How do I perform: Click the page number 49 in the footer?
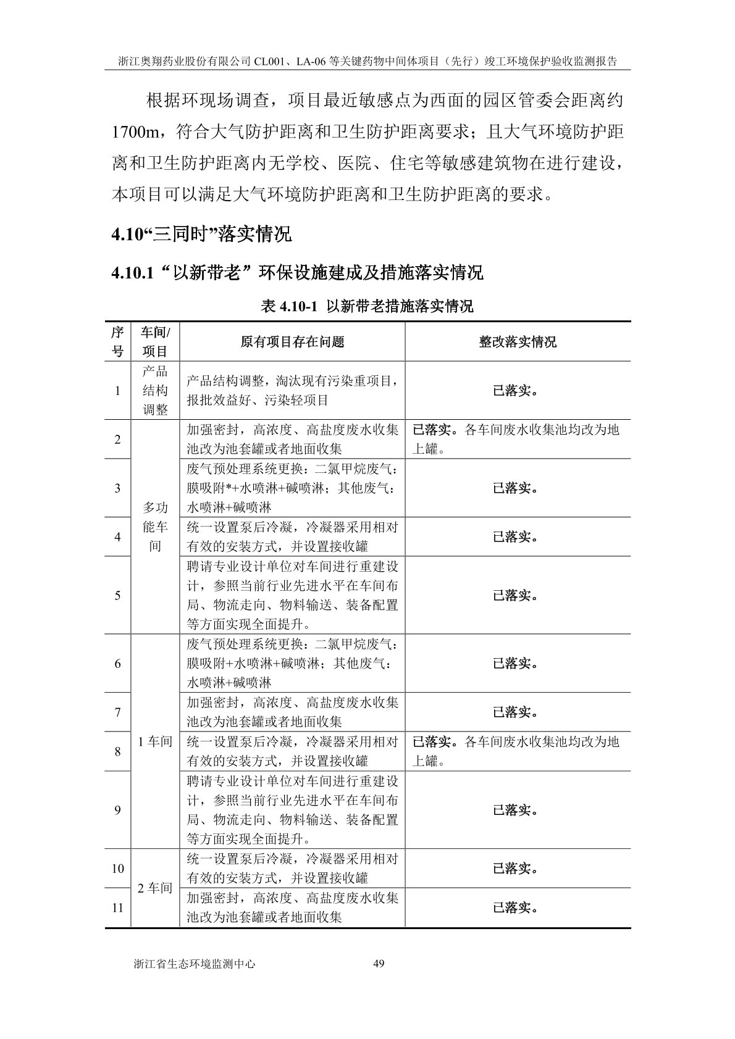(380, 980)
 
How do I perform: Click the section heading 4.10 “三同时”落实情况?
(201, 235)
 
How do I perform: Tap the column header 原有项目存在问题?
(292, 341)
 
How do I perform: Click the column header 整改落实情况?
(518, 341)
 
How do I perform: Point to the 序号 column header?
(117, 341)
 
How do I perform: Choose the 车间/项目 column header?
(155, 341)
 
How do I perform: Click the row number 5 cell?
(117, 595)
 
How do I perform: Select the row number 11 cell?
(117, 908)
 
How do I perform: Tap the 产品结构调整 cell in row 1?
(155, 391)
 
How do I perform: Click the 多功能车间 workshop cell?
(155, 527)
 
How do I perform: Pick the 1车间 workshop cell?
(155, 741)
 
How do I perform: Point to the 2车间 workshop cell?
(155, 888)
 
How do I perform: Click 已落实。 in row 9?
(515, 810)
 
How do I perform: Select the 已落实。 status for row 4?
(515, 537)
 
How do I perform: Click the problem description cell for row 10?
(292, 868)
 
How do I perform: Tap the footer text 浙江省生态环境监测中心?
(194, 980)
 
